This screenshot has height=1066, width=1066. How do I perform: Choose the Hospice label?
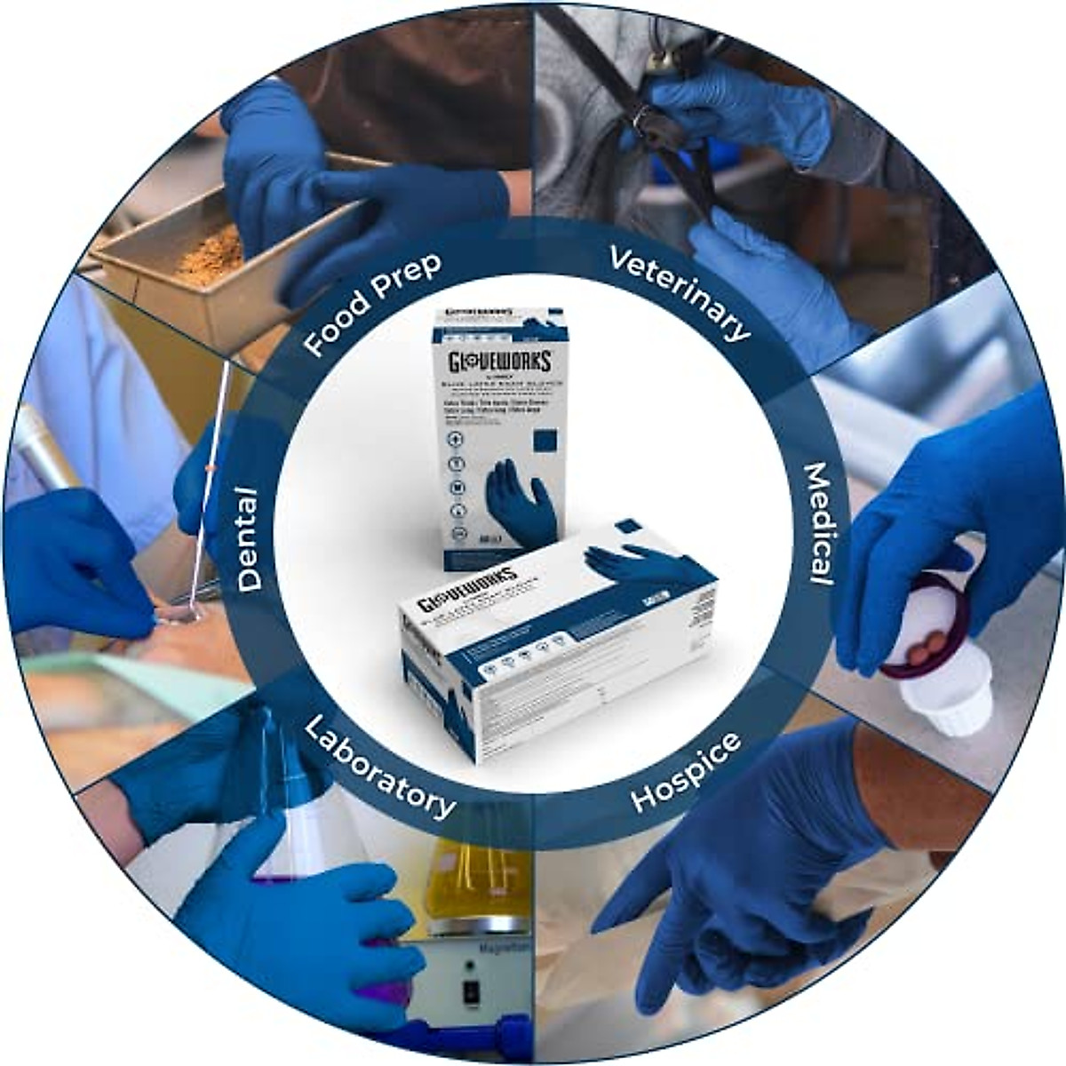[686, 771]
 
